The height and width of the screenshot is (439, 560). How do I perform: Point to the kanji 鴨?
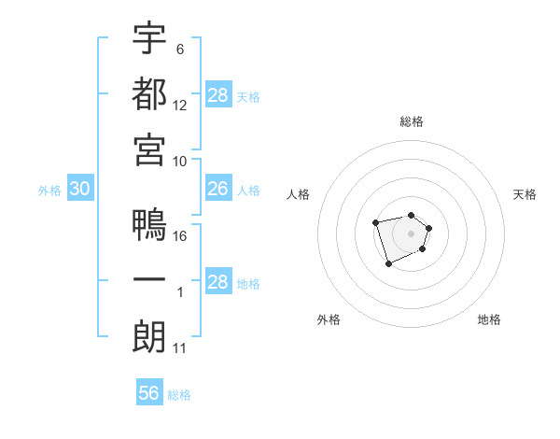tap(149, 225)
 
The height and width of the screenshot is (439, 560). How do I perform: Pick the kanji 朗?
tap(149, 337)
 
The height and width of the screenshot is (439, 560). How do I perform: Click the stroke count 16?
tap(181, 235)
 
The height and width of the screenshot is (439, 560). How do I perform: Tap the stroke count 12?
tap(181, 105)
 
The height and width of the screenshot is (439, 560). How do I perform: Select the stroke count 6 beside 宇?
tap(180, 49)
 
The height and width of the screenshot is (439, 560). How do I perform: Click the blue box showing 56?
tap(149, 393)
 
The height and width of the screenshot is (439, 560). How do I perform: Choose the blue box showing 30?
tap(79, 189)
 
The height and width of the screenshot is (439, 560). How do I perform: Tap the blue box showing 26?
tap(218, 189)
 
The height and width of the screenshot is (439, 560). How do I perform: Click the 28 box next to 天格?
tap(218, 95)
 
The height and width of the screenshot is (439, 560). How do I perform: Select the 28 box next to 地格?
tap(218, 282)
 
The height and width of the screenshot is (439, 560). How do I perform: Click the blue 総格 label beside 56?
tap(179, 395)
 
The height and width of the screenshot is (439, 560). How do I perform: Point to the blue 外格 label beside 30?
tap(49, 191)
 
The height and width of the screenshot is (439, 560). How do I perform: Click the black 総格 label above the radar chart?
tap(412, 121)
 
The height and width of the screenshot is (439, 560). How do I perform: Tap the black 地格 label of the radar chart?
tap(489, 319)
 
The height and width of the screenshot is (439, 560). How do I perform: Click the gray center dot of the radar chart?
tap(411, 233)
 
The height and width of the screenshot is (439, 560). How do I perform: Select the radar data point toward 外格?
tap(388, 264)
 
